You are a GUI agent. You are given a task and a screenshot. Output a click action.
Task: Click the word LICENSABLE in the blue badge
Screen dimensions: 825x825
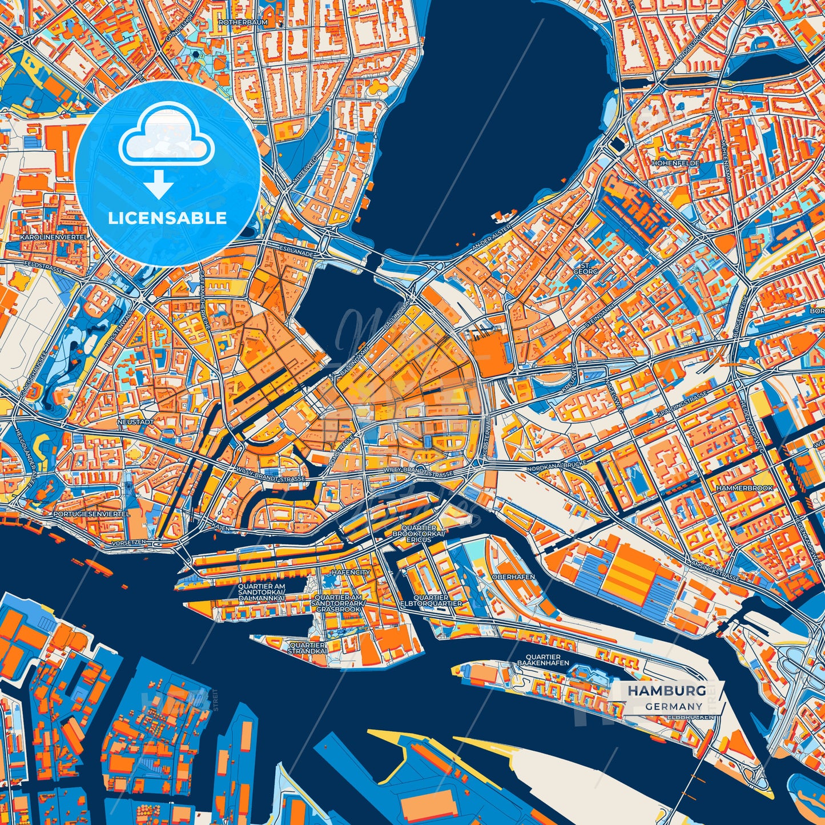tap(168, 218)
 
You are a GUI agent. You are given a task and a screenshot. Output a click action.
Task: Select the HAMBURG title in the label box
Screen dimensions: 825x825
tap(667, 691)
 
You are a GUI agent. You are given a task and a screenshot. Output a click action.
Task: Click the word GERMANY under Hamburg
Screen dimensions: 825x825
tap(674, 706)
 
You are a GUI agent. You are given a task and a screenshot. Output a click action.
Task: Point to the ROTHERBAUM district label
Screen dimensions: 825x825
tap(239, 23)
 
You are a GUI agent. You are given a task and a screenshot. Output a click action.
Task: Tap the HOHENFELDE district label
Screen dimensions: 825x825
tap(675, 163)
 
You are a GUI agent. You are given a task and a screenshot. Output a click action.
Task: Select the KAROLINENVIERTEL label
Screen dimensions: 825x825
tap(53, 236)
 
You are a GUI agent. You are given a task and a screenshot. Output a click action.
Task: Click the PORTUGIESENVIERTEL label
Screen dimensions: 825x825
tap(91, 514)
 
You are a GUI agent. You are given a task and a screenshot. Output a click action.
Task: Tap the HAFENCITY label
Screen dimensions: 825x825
tap(351, 572)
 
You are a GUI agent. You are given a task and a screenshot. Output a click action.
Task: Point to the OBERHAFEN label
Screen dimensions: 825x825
tap(513, 577)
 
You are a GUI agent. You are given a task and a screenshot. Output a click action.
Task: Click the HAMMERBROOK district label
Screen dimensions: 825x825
tap(744, 488)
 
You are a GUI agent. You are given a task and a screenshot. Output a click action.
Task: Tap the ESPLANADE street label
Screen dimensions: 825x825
tap(297, 251)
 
